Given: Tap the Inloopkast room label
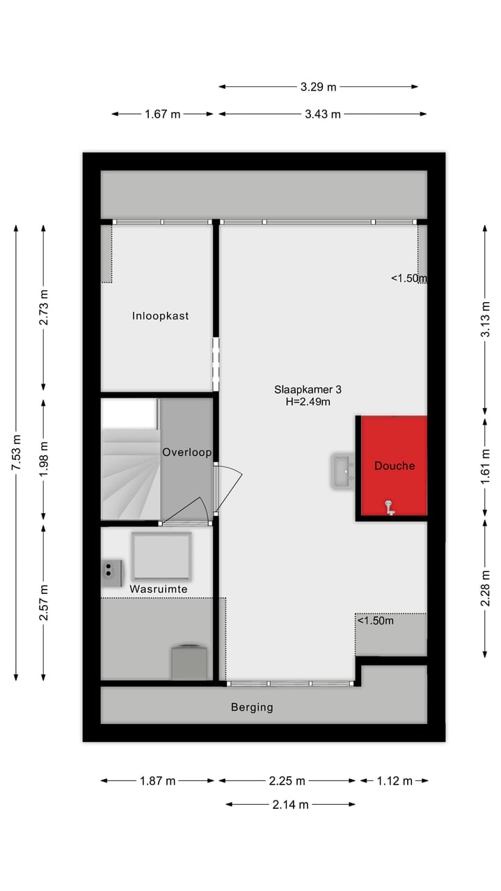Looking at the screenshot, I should pyautogui.click(x=161, y=316).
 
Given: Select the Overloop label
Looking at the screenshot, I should pyautogui.click(x=186, y=452).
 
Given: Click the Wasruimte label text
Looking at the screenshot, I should pyautogui.click(x=159, y=589).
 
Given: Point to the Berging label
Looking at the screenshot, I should pyautogui.click(x=252, y=707).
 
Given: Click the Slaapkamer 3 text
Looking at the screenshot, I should pyautogui.click(x=307, y=390).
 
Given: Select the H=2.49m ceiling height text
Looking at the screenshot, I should pyautogui.click(x=307, y=401).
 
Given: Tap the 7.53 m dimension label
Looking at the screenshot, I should pyautogui.click(x=16, y=452).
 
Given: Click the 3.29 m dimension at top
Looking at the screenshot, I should pyautogui.click(x=318, y=87).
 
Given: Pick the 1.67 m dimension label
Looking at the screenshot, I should pyautogui.click(x=163, y=114).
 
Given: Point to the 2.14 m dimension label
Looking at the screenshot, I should pyautogui.click(x=290, y=805).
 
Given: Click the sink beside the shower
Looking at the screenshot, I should pyautogui.click(x=343, y=471).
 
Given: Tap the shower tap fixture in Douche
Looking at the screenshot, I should pyautogui.click(x=390, y=509).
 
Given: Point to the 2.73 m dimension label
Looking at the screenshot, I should pyautogui.click(x=44, y=308).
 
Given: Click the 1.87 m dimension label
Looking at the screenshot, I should pyautogui.click(x=157, y=781).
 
